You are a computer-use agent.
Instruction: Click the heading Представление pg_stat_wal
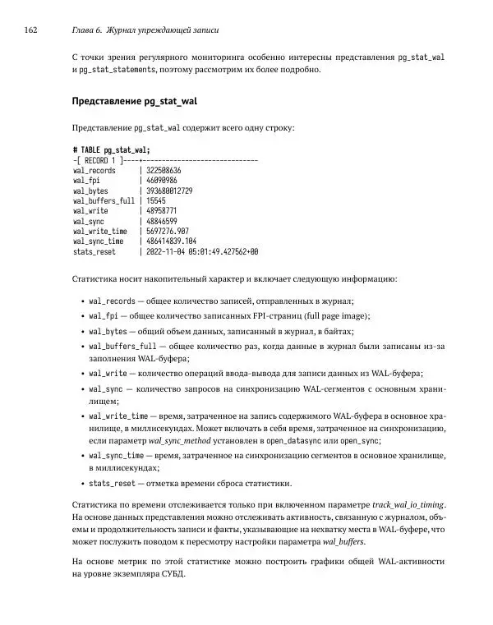click(136, 102)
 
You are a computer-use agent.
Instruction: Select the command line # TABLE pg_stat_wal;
click(111, 149)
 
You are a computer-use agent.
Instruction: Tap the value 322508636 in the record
click(163, 170)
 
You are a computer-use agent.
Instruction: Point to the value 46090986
click(161, 180)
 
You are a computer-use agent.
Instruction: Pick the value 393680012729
click(168, 191)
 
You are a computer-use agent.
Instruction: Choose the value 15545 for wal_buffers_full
click(155, 200)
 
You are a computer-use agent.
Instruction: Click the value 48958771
click(161, 211)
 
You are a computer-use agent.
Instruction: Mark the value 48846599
click(161, 221)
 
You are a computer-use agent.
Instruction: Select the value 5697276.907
click(167, 232)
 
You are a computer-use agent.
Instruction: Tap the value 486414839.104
click(171, 241)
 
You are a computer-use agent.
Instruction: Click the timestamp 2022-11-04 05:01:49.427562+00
click(201, 252)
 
